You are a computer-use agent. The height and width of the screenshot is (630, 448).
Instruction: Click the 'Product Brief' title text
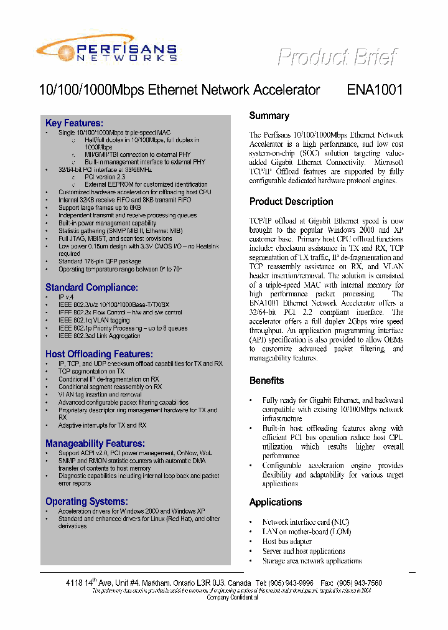[337, 57]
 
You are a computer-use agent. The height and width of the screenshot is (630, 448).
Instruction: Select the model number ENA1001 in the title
[375, 90]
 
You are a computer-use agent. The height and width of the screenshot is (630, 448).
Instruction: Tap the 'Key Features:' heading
[74, 123]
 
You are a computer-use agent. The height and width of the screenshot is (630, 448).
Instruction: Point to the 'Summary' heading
[269, 116]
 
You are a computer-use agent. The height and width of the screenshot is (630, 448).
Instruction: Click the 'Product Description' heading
[291, 202]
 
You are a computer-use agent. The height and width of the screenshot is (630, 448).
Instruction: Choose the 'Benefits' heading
[266, 381]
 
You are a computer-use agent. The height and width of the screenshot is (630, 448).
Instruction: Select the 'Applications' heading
[276, 502]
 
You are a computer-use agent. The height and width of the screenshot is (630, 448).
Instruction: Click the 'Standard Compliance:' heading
[91, 288]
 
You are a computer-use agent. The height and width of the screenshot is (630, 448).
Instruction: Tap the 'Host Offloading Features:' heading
[99, 354]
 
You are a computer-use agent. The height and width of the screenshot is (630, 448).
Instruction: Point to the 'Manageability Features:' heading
[95, 444]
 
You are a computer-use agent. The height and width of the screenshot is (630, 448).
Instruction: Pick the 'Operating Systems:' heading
[86, 502]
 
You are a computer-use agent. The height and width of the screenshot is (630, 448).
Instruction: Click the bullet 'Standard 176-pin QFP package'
[100, 261]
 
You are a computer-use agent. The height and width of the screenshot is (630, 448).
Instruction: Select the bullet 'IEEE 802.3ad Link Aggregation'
[99, 336]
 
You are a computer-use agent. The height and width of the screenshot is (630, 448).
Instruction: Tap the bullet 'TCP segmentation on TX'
[91, 372]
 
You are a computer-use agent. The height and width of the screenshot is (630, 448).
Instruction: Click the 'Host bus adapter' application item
[287, 542]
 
